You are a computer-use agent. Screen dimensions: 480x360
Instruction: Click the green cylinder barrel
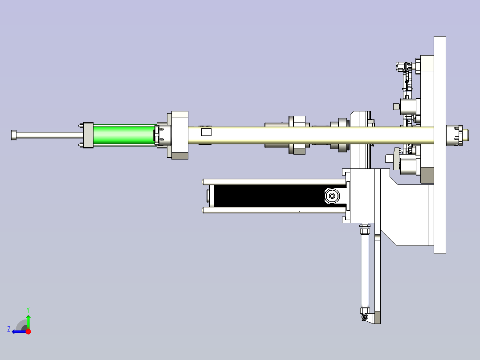(124, 135)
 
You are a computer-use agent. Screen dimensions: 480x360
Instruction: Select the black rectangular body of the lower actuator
(269, 196)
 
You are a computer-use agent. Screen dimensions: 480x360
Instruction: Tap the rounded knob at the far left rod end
(14, 135)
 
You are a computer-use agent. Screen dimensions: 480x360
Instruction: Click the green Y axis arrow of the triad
(28, 319)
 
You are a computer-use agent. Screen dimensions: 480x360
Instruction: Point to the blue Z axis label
(9, 329)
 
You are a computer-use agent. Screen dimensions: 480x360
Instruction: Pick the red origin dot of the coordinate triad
(28, 331)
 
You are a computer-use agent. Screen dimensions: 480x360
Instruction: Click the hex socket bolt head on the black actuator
(332, 196)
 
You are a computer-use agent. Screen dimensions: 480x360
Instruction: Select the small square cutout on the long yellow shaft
(206, 132)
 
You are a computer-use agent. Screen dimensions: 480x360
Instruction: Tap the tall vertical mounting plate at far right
(440, 145)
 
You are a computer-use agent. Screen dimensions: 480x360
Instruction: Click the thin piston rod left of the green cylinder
(49, 135)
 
